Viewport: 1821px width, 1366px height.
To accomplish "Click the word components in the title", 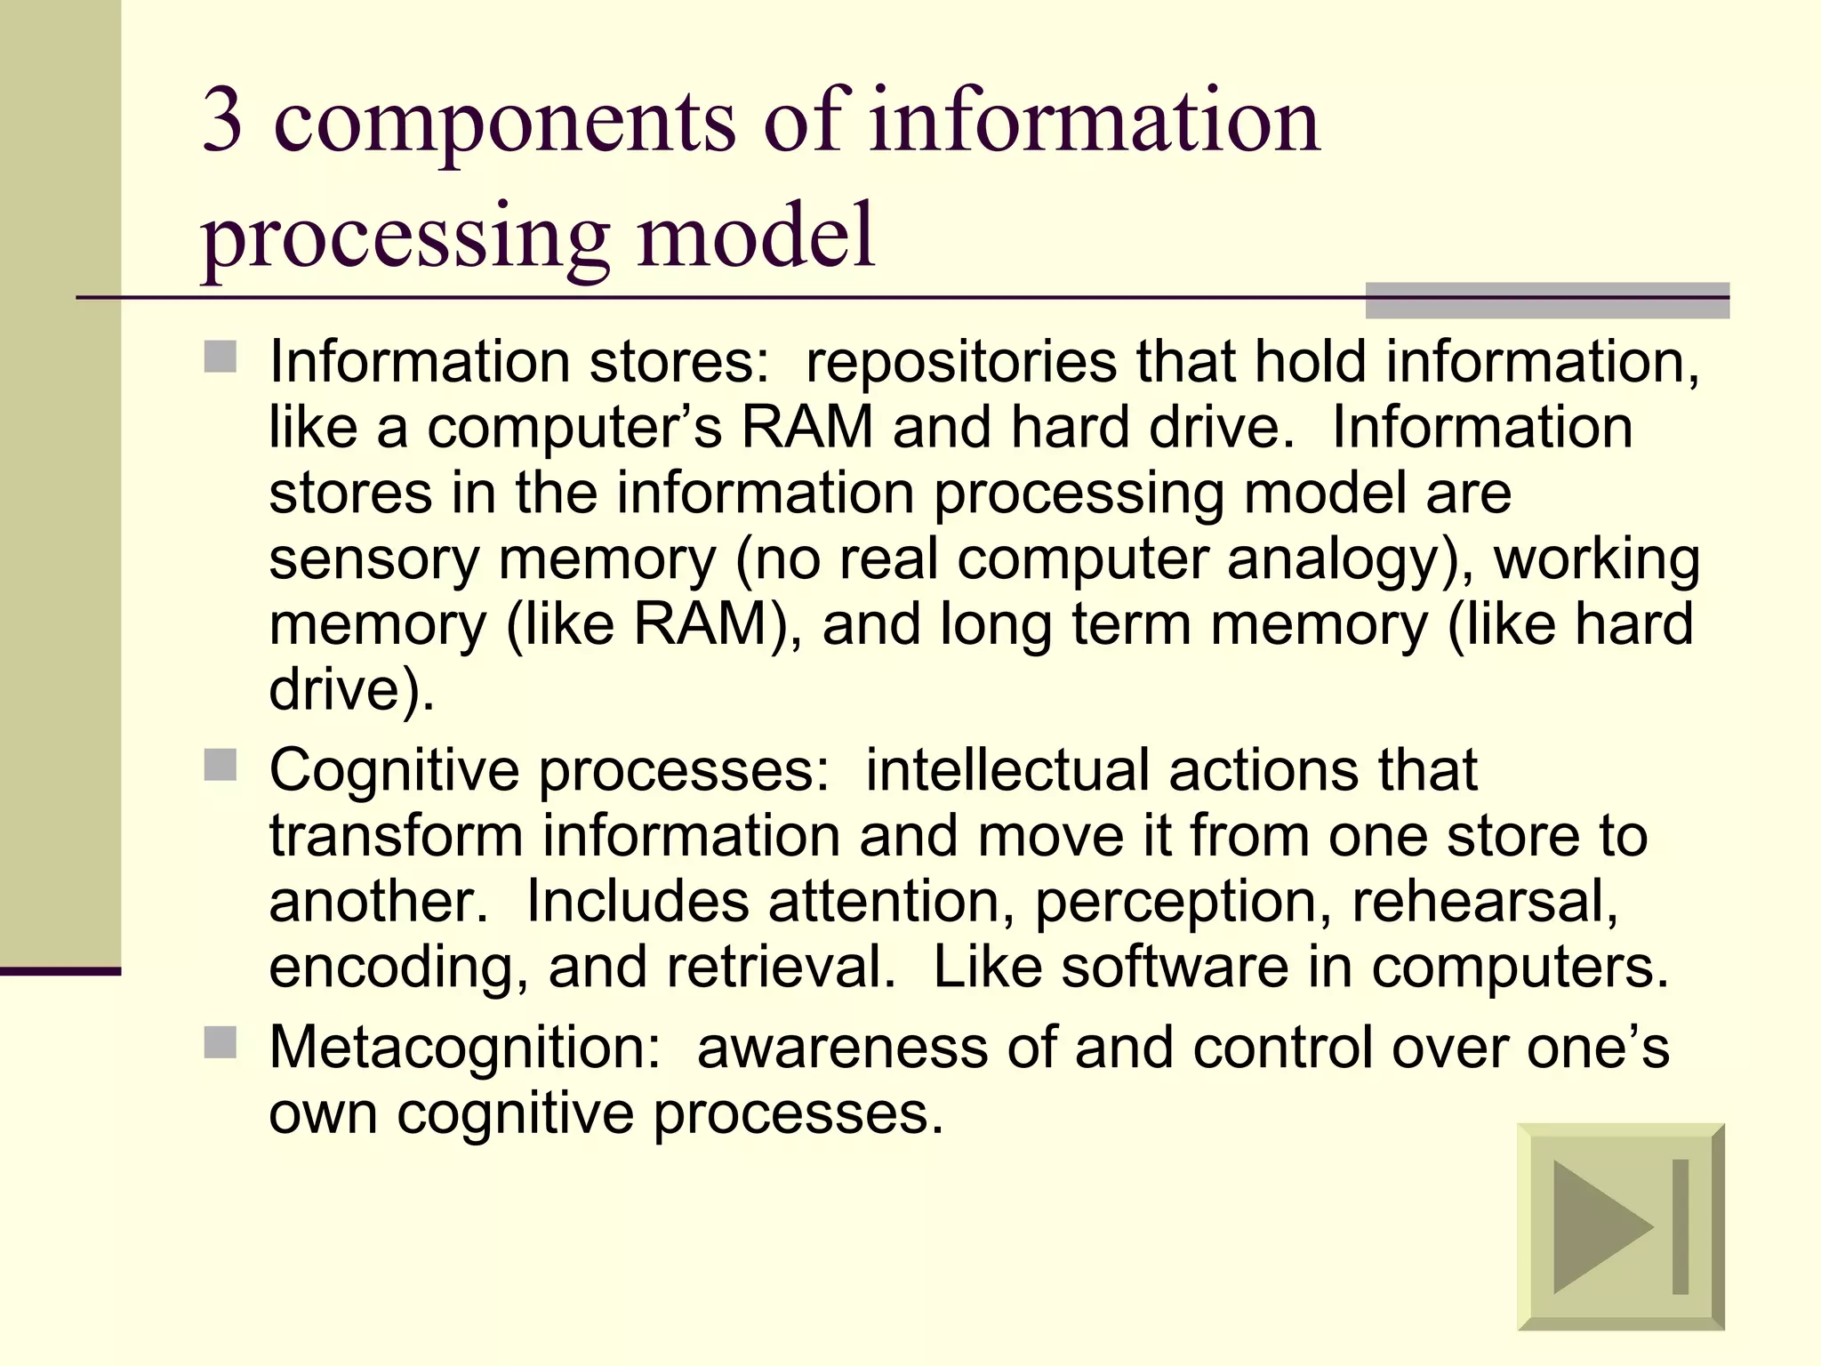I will click(x=504, y=125).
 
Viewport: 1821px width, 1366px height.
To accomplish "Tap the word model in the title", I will click(x=756, y=236).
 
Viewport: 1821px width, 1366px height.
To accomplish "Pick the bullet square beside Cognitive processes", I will click(x=221, y=765).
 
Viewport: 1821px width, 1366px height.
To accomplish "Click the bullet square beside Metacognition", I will click(x=221, y=1042).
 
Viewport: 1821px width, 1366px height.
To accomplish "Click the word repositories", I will click(x=959, y=363).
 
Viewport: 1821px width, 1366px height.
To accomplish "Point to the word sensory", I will click(x=373, y=560).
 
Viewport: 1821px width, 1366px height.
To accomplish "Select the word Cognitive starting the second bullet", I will click(x=394, y=770).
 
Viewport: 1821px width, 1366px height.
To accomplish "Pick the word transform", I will click(x=396, y=836).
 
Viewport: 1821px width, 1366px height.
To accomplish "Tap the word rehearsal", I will click(x=1484, y=902).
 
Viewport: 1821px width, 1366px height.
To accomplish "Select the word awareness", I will click(x=842, y=1048).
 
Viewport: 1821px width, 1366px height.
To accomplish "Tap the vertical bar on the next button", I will click(x=1680, y=1227).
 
